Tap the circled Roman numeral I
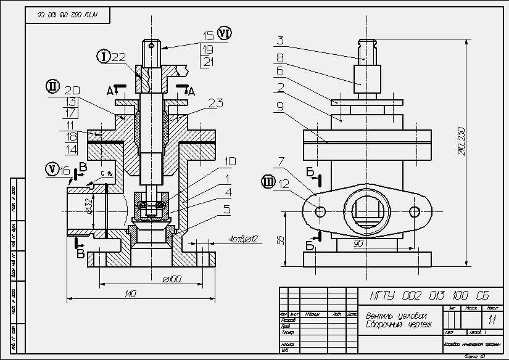(104, 57)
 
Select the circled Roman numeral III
(267, 181)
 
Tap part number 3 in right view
(280, 41)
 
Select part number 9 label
(280, 106)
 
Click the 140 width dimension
(130, 294)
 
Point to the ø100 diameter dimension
(171, 279)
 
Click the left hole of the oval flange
(320, 211)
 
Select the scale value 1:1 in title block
(492, 320)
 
